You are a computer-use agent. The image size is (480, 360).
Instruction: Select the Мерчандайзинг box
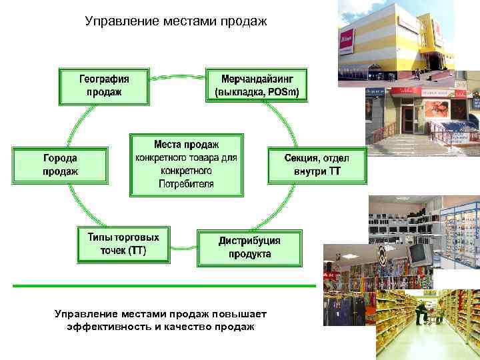[257, 85]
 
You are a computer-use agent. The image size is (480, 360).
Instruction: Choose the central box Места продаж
[187, 164]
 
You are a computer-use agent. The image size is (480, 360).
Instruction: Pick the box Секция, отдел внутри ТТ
[317, 165]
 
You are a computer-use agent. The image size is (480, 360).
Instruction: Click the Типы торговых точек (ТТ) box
[123, 244]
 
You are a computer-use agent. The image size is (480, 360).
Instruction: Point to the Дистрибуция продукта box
[249, 247]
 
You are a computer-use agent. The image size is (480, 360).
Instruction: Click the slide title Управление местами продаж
[176, 21]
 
